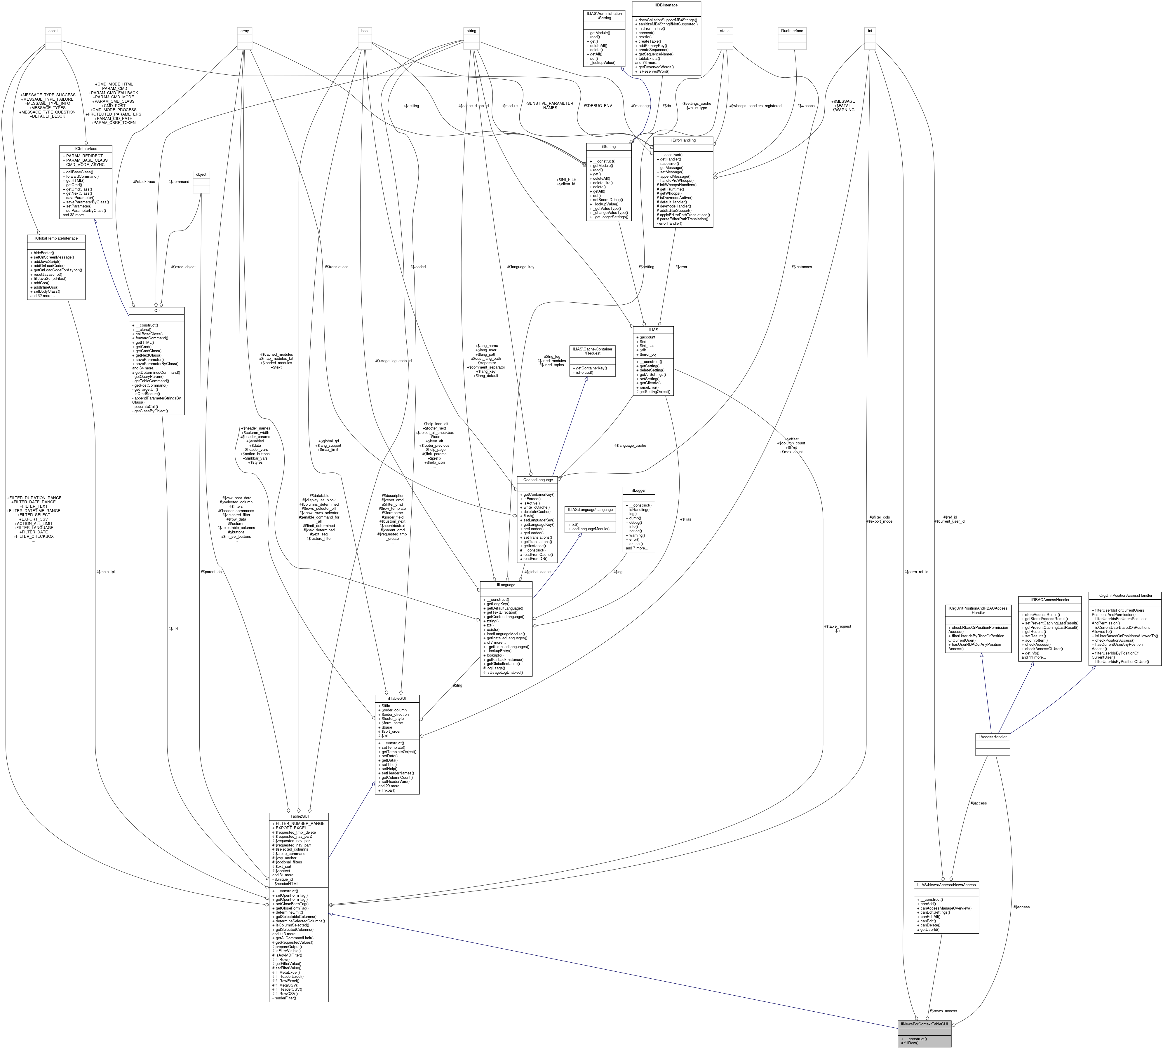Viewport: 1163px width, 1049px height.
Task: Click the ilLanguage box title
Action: (x=506, y=584)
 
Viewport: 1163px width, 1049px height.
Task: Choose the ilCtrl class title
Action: (x=156, y=311)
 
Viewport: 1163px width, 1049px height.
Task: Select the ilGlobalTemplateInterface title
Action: (x=56, y=238)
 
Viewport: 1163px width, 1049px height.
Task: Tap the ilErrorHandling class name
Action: (x=683, y=140)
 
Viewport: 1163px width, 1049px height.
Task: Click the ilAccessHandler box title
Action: (x=992, y=736)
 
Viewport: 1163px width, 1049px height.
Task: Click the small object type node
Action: (x=201, y=174)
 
